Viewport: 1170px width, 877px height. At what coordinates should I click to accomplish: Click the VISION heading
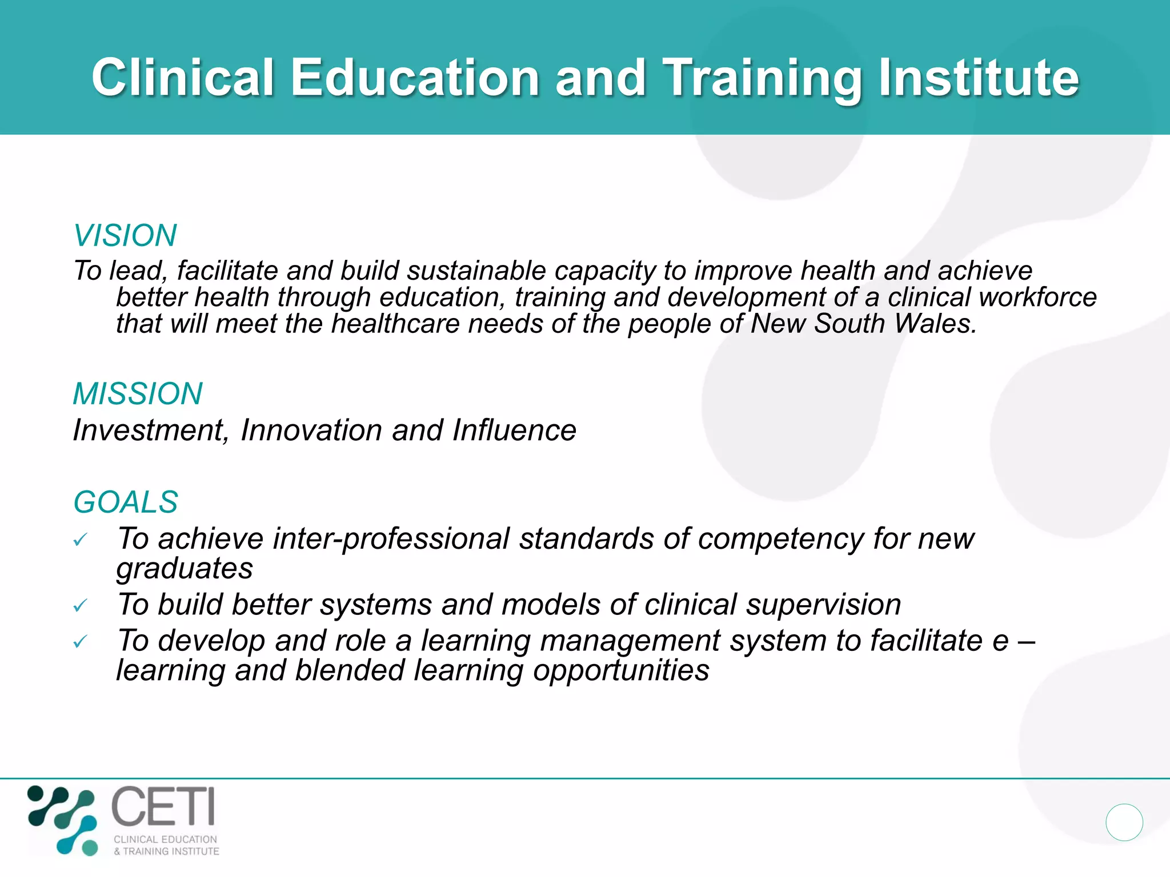[125, 235]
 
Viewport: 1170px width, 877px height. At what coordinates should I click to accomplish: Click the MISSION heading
[138, 393]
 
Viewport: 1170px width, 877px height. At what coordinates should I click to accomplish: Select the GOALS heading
[126, 502]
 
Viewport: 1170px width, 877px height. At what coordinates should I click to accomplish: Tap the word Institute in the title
[978, 78]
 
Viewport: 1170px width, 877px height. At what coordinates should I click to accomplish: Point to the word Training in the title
[763, 78]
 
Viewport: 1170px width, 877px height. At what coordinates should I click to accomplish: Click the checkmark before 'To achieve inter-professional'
[80, 540]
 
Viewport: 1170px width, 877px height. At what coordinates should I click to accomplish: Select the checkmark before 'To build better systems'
[80, 605]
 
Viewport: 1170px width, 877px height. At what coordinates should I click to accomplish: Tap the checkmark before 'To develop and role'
[80, 642]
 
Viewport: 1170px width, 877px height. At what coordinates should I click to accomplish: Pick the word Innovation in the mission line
[311, 430]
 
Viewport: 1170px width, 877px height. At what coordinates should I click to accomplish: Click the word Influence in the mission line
[514, 430]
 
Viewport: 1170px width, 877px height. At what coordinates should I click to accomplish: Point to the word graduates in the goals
[185, 569]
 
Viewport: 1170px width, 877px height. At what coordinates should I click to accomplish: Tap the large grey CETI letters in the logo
[163, 806]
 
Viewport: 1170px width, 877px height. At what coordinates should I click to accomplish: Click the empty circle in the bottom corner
[1124, 822]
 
